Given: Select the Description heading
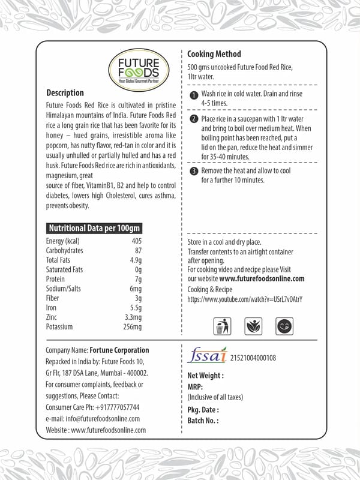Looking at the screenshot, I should click(65, 93).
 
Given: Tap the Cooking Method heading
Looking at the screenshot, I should click(214, 54).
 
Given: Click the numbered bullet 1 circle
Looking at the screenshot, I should click(193, 95).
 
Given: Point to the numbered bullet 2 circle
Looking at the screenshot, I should click(193, 119).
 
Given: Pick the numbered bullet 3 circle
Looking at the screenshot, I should click(193, 171).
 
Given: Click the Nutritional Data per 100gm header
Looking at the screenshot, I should click(94, 229).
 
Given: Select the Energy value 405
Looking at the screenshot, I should click(136, 241).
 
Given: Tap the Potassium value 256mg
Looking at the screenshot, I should click(131, 327).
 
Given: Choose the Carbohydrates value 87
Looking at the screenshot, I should click(138, 251).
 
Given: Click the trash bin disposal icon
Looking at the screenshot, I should click(221, 326).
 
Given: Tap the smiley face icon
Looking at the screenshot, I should click(283, 326).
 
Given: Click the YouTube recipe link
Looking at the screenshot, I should click(245, 299).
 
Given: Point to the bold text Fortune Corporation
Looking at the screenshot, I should click(119, 350).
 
